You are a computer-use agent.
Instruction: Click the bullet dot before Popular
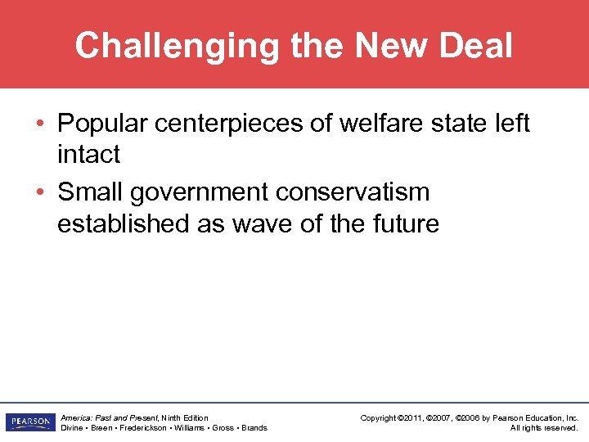click(40, 124)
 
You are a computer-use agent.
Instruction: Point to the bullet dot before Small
click(40, 193)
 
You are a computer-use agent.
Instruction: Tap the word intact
click(88, 154)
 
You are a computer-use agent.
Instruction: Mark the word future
click(402, 223)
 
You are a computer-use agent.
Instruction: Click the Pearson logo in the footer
click(29, 422)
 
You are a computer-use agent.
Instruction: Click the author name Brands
click(254, 427)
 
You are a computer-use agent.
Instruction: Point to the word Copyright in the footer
click(380, 417)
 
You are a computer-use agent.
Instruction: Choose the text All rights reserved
click(544, 427)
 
